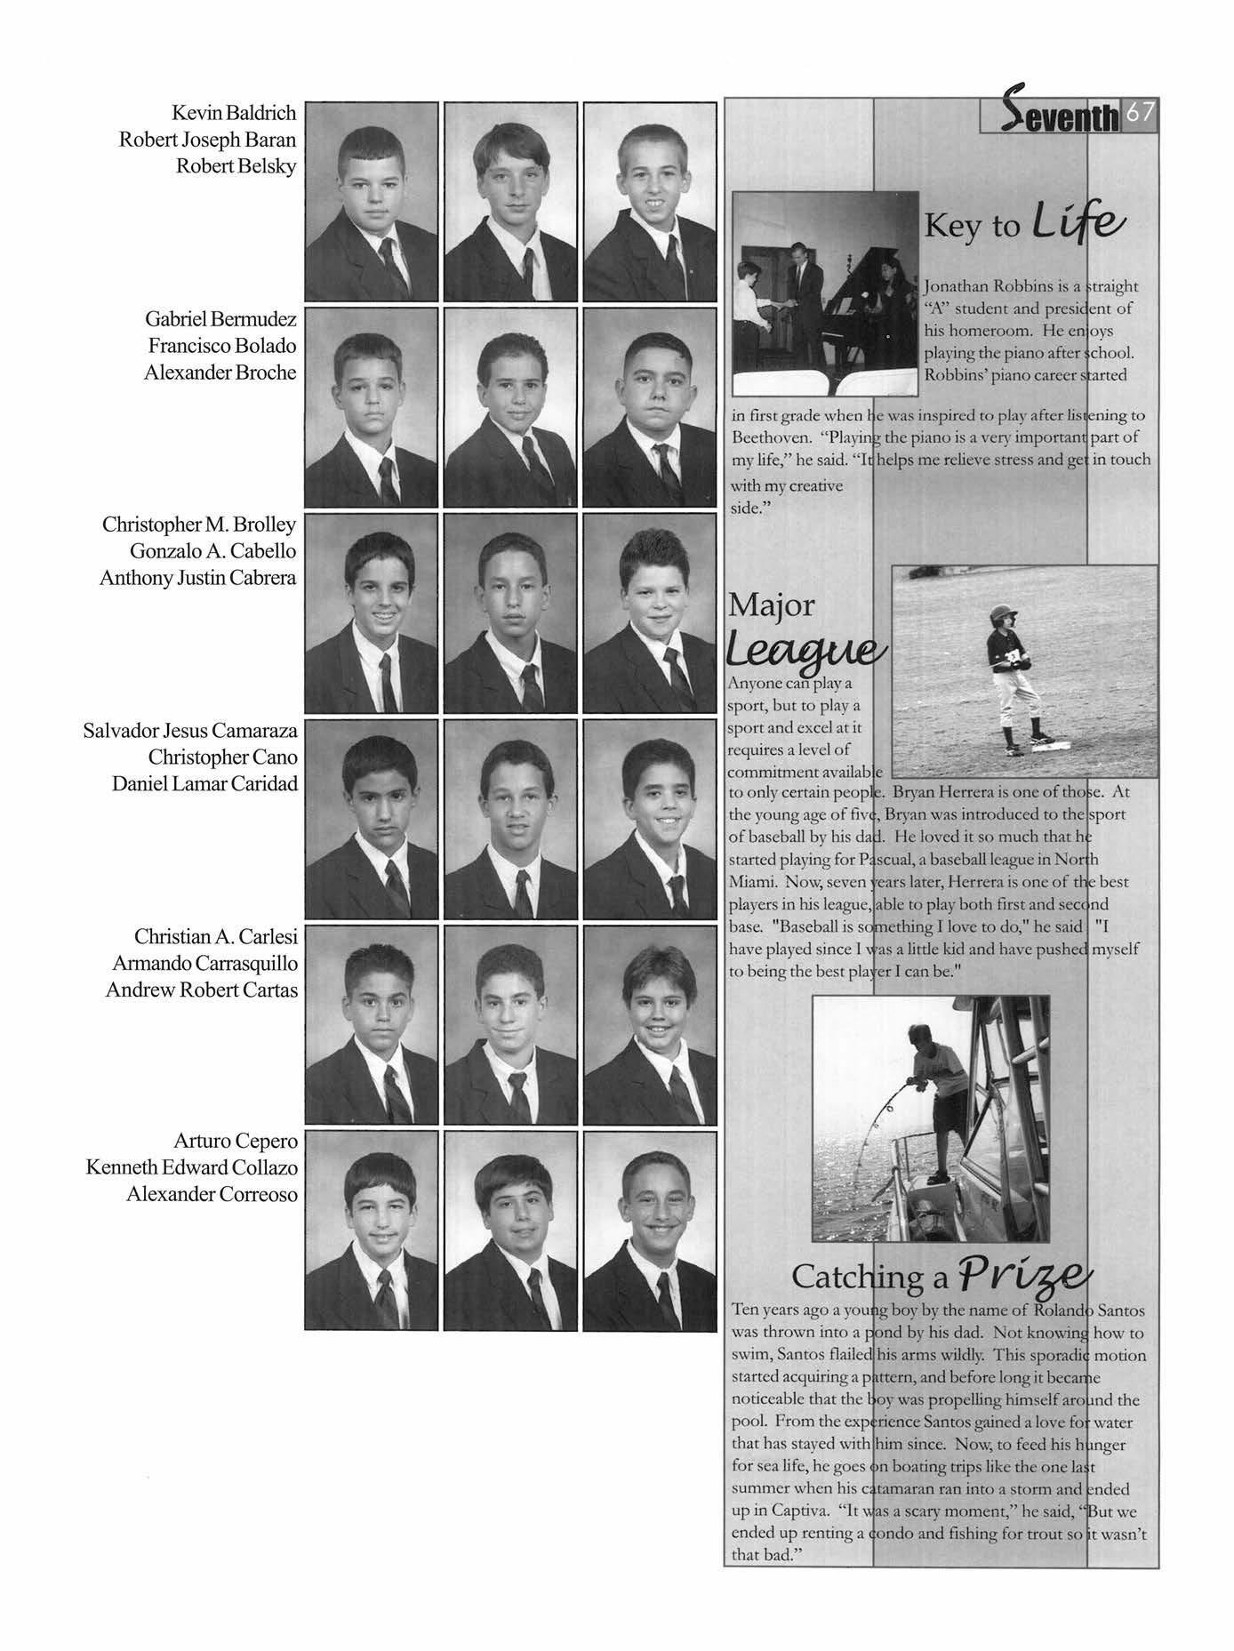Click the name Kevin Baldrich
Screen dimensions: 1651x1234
click(x=234, y=113)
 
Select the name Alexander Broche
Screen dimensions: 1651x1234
click(x=220, y=373)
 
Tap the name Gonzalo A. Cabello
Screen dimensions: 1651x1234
click(x=212, y=551)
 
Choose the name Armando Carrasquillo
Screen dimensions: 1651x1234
click(x=204, y=963)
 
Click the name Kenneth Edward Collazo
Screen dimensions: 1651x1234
click(x=191, y=1167)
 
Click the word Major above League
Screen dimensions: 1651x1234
click(x=771, y=606)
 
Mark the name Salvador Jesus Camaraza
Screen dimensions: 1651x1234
click(x=189, y=731)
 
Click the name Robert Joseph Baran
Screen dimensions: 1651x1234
click(x=207, y=140)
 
